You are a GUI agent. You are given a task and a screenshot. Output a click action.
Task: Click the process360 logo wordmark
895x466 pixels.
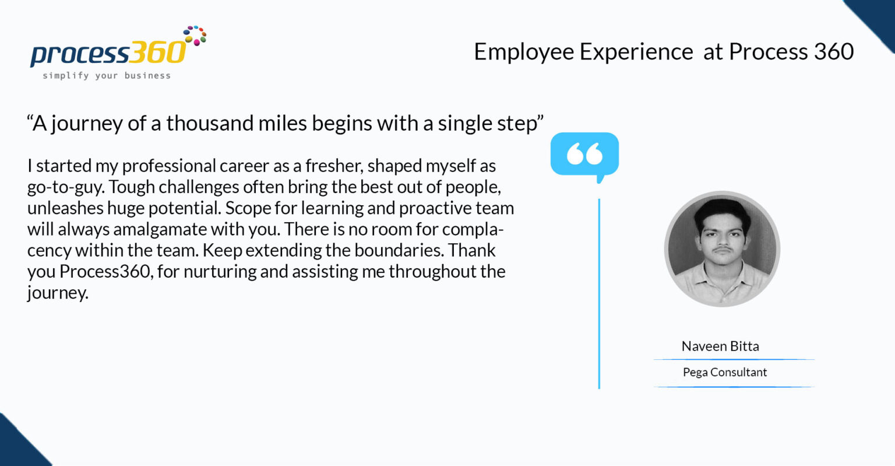point(108,53)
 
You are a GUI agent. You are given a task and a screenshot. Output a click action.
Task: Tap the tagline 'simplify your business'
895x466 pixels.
point(107,76)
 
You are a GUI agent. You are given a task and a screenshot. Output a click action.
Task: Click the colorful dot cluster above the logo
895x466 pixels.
point(195,36)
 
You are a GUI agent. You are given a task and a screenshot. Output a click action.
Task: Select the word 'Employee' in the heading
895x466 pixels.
point(524,52)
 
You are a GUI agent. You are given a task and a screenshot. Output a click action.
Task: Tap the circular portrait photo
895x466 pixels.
point(722,249)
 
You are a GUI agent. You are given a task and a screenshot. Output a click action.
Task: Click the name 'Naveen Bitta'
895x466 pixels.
point(720,346)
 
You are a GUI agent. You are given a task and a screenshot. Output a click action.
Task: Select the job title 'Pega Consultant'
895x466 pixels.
point(725,373)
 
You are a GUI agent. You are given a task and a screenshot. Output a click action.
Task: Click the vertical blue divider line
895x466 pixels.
point(599,293)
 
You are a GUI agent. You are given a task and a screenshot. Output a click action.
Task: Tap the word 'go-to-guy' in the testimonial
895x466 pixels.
point(66,187)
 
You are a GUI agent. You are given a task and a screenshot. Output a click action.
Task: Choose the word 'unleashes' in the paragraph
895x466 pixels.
point(65,208)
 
